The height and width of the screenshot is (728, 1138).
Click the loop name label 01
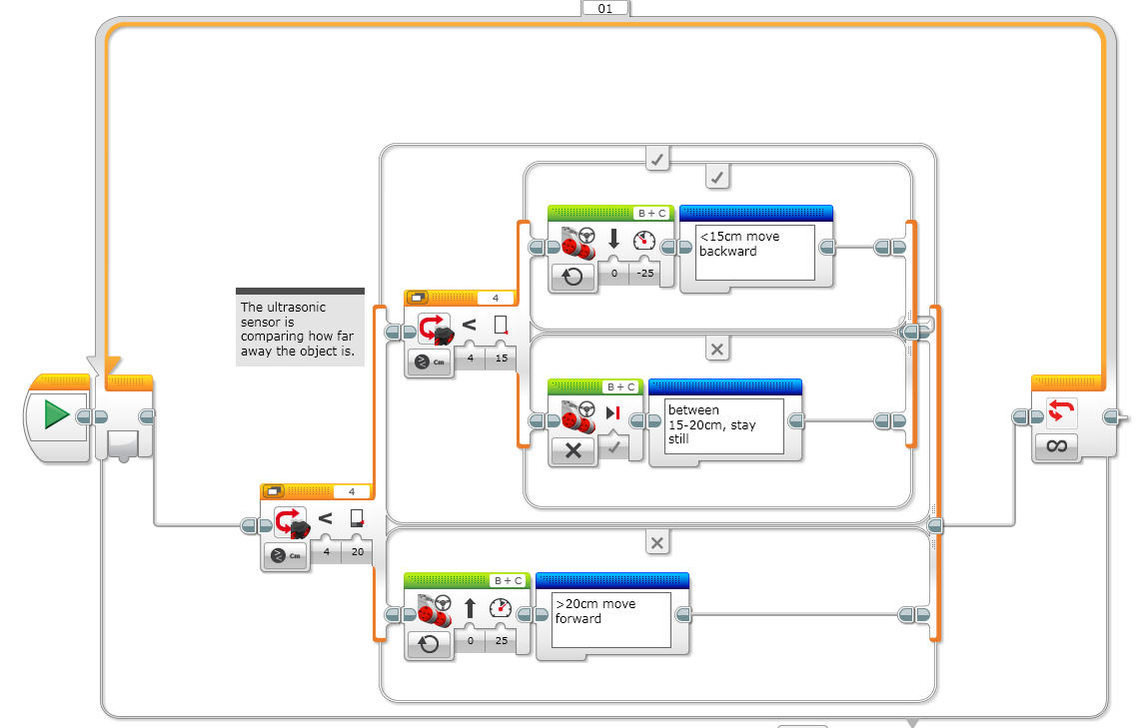(x=604, y=8)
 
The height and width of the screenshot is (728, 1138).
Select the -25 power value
(x=645, y=274)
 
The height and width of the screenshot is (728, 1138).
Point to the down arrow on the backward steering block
(x=613, y=240)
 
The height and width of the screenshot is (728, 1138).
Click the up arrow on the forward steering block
(x=470, y=607)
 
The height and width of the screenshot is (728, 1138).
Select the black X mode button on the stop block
(x=572, y=450)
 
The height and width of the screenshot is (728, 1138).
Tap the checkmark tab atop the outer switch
(x=657, y=158)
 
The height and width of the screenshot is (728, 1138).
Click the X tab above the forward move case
(x=656, y=543)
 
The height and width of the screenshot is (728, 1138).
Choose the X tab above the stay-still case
(x=716, y=349)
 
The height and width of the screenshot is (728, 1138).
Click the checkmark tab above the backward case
(x=716, y=178)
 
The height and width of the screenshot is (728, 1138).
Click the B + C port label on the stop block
(x=621, y=386)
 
